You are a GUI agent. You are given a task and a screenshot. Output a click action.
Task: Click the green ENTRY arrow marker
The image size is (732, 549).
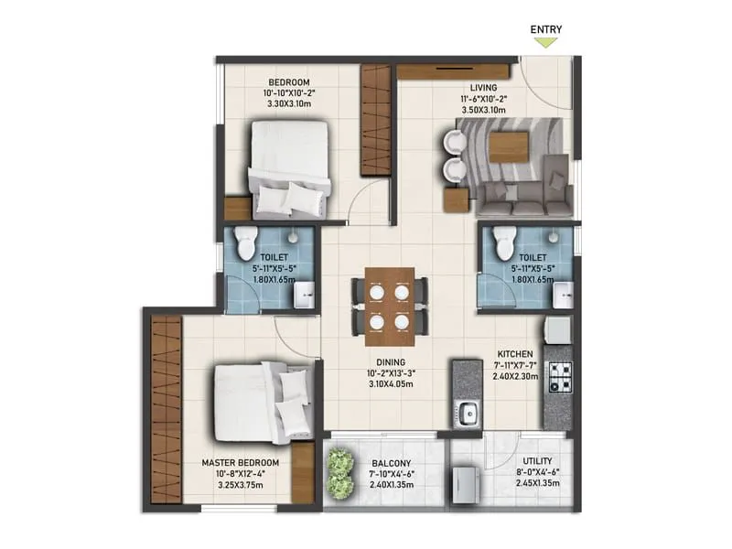[x=546, y=41]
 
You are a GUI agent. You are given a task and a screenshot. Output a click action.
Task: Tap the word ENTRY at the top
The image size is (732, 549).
[x=546, y=28]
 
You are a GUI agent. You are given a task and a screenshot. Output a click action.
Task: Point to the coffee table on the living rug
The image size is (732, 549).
[x=508, y=146]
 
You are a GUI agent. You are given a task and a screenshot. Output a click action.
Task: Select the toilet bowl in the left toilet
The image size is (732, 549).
[x=244, y=243]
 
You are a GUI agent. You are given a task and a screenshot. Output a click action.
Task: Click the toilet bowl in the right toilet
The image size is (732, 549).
[x=503, y=243]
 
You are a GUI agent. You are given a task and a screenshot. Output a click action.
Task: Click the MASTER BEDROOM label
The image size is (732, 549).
[x=240, y=463]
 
